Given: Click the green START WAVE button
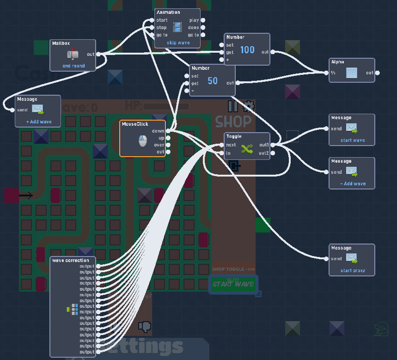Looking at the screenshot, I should pyautogui.click(x=233, y=284).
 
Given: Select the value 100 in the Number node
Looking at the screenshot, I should pyautogui.click(x=247, y=50).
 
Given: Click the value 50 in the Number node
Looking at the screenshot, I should pyautogui.click(x=212, y=81).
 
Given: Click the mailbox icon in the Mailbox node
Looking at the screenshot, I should pyautogui.click(x=73, y=55).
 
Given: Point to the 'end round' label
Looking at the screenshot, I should pyautogui.click(x=73, y=66).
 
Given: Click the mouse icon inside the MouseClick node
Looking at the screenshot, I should pyautogui.click(x=143, y=140).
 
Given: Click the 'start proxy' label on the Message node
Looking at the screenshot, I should pyautogui.click(x=352, y=270).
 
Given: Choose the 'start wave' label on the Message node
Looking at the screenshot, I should pyautogui.click(x=352, y=140).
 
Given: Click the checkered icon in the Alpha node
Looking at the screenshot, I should pyautogui.click(x=352, y=73).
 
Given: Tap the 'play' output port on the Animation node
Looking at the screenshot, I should pyautogui.click(x=203, y=20).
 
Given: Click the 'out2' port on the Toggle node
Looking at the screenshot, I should pyautogui.click(x=273, y=153).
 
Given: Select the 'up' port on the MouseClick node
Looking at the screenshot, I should pyautogui.click(x=168, y=138).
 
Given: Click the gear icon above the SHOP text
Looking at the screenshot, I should pyautogui.click(x=248, y=106).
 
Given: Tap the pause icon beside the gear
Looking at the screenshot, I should pyautogui.click(x=233, y=106).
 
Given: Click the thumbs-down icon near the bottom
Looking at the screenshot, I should pyautogui.click(x=145, y=327).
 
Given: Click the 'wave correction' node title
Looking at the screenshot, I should pyautogui.click(x=71, y=260).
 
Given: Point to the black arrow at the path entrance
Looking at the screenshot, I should pyautogui.click(x=26, y=196).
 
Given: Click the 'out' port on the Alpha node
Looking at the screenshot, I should pyautogui.click(x=378, y=73).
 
